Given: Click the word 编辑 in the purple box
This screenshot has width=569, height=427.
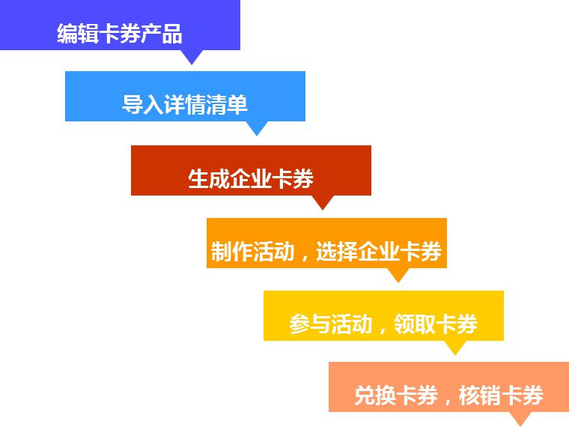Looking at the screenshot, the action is pyautogui.click(x=78, y=34).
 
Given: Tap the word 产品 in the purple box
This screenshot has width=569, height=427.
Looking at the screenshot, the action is pyautogui.click(x=162, y=34).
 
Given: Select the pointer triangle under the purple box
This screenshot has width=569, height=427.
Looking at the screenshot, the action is pyautogui.click(x=192, y=58).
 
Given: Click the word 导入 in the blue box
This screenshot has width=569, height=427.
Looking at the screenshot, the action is pyautogui.click(x=142, y=105).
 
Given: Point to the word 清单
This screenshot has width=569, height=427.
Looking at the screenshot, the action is pyautogui.click(x=226, y=105).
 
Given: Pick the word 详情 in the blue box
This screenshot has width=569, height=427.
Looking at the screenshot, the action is pyautogui.click(x=185, y=105).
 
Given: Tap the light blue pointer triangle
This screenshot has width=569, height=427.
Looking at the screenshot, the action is pyautogui.click(x=257, y=129).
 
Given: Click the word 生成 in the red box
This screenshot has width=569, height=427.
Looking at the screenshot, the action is pyautogui.click(x=209, y=178).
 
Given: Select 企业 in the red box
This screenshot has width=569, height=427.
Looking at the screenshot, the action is pyautogui.click(x=251, y=178).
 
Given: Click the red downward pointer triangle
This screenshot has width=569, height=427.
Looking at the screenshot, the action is pyautogui.click(x=323, y=202).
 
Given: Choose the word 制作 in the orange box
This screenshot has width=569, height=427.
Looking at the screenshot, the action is pyautogui.click(x=232, y=251).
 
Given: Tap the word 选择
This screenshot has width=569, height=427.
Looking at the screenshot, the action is pyautogui.click(x=337, y=251).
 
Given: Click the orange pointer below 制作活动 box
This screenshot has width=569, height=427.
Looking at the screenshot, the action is pyautogui.click(x=398, y=275).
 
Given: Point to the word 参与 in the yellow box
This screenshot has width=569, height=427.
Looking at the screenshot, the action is pyautogui.click(x=310, y=324).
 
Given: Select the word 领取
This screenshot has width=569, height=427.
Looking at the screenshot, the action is pyautogui.click(x=415, y=324).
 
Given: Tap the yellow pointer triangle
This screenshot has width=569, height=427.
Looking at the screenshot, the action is pyautogui.click(x=455, y=348).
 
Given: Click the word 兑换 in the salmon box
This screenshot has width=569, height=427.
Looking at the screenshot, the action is pyautogui.click(x=375, y=395).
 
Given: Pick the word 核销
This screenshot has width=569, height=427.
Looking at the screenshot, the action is pyautogui.click(x=480, y=395).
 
